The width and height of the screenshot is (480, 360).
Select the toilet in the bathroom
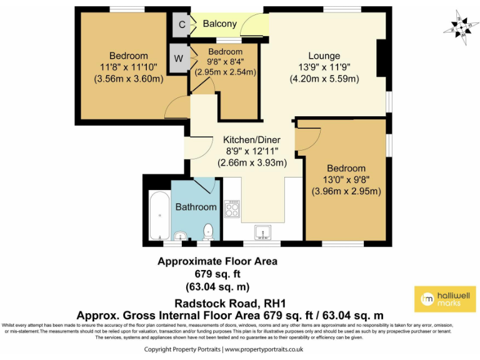tap(209, 231)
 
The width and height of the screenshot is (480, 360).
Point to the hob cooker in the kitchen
tap(232, 209)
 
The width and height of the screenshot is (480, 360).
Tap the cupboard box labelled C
tap(181, 24)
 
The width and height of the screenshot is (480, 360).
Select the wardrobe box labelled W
tap(179, 58)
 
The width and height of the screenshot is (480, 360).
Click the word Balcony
tap(220, 24)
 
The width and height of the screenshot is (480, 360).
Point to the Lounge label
tap(324, 56)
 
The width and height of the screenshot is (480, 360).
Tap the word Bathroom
tap(196, 207)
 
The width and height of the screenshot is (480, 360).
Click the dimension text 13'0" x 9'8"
tap(346, 180)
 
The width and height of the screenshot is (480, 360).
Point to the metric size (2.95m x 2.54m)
tap(225, 72)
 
